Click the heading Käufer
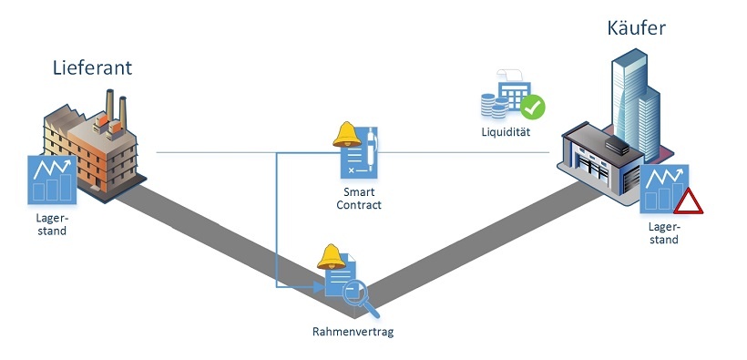[x=636, y=27]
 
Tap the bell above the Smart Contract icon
[x=346, y=135]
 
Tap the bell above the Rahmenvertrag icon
[x=329, y=257]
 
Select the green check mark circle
[x=533, y=107]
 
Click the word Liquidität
[x=507, y=133]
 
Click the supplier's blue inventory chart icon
[x=52, y=179]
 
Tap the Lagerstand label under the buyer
[x=663, y=234]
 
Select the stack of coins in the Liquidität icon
[x=496, y=108]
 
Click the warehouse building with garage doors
[x=601, y=164]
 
